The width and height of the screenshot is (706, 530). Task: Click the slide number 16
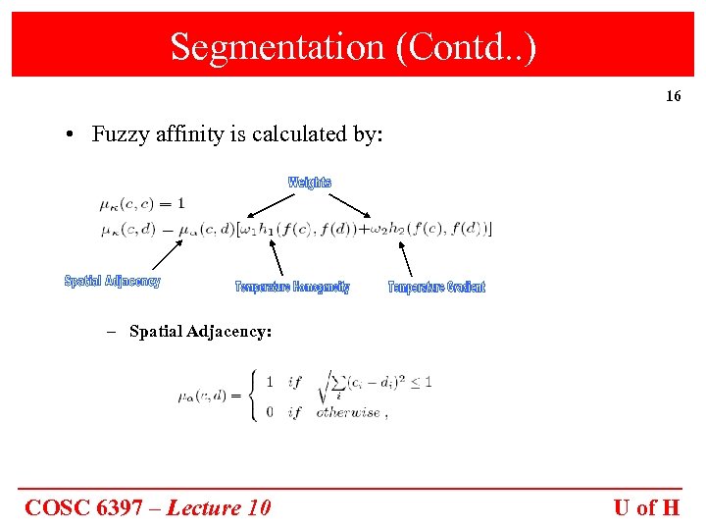(x=673, y=96)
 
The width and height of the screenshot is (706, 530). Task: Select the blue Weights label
(x=310, y=183)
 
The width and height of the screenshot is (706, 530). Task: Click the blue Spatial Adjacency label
(x=113, y=282)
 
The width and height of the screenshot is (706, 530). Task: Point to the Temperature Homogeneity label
(x=292, y=287)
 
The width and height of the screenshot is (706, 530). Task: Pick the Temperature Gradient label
(x=436, y=287)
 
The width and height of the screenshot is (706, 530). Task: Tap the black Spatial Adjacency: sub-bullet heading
(x=200, y=332)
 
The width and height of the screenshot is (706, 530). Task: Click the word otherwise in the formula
(x=348, y=412)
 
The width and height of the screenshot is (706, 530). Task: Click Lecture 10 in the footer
(x=219, y=507)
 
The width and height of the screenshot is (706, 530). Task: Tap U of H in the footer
(x=646, y=507)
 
